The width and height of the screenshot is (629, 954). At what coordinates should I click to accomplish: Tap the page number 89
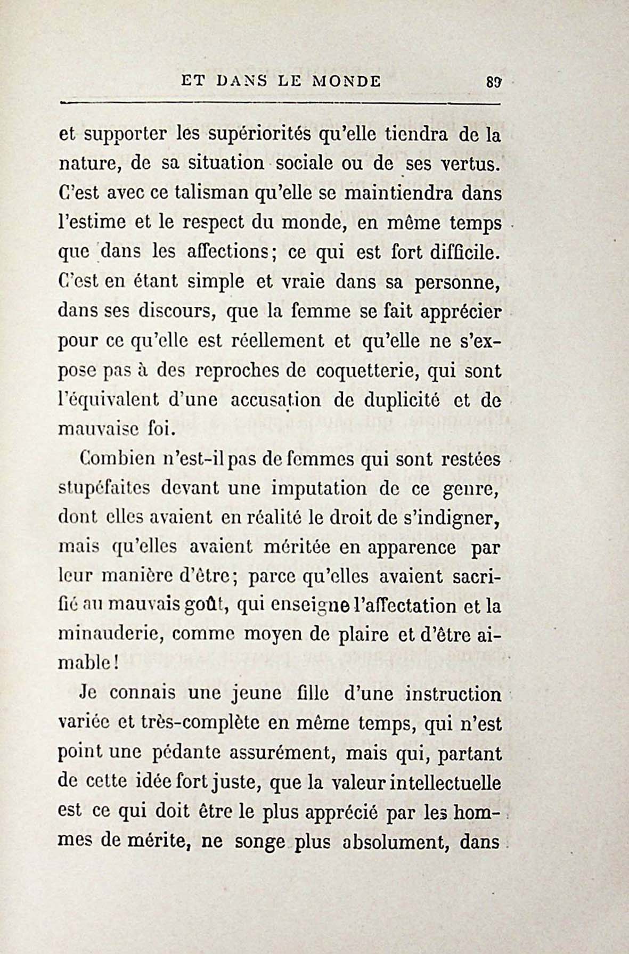(x=494, y=83)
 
